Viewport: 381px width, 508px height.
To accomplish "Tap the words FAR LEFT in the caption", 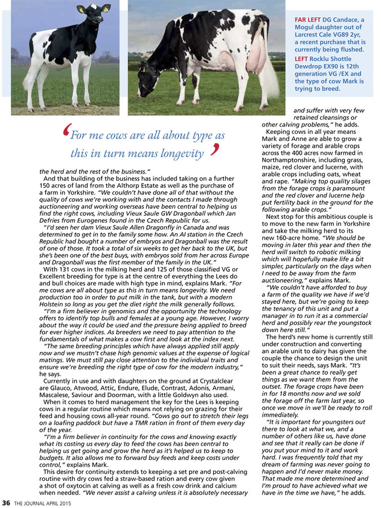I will click(x=308, y=19).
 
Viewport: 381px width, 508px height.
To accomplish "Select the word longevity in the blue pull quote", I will click(x=178, y=154).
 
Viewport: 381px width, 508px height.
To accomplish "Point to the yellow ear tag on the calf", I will click(x=81, y=9).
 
